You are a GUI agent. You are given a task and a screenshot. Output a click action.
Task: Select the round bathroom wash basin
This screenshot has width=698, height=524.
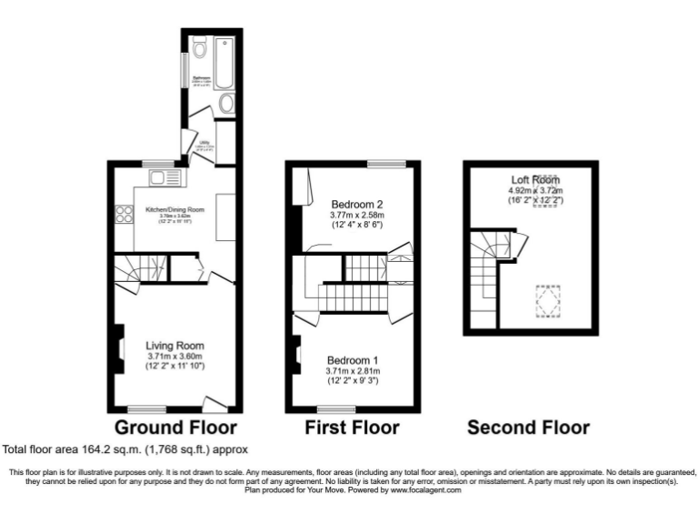click(226, 103)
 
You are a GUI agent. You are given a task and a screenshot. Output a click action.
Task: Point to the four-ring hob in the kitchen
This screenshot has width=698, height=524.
click(121, 215)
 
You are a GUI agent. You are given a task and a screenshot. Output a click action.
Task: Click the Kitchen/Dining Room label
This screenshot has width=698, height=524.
click(175, 209)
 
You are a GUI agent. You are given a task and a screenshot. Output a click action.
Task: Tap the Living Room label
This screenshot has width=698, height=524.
click(175, 346)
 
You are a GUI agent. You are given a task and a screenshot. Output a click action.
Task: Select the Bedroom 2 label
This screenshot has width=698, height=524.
click(356, 203)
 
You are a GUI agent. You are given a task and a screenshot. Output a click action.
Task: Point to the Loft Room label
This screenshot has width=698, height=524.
click(534, 180)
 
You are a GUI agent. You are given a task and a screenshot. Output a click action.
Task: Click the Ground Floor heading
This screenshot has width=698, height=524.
click(175, 427)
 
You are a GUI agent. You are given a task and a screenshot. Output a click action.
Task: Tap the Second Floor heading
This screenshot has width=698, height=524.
click(528, 427)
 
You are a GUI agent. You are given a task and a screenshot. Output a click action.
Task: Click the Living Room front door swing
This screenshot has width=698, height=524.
click(214, 403)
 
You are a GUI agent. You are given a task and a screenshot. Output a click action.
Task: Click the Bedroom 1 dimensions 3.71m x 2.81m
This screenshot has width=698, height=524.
click(353, 371)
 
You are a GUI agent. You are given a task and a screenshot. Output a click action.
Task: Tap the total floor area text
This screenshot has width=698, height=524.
click(125, 449)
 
